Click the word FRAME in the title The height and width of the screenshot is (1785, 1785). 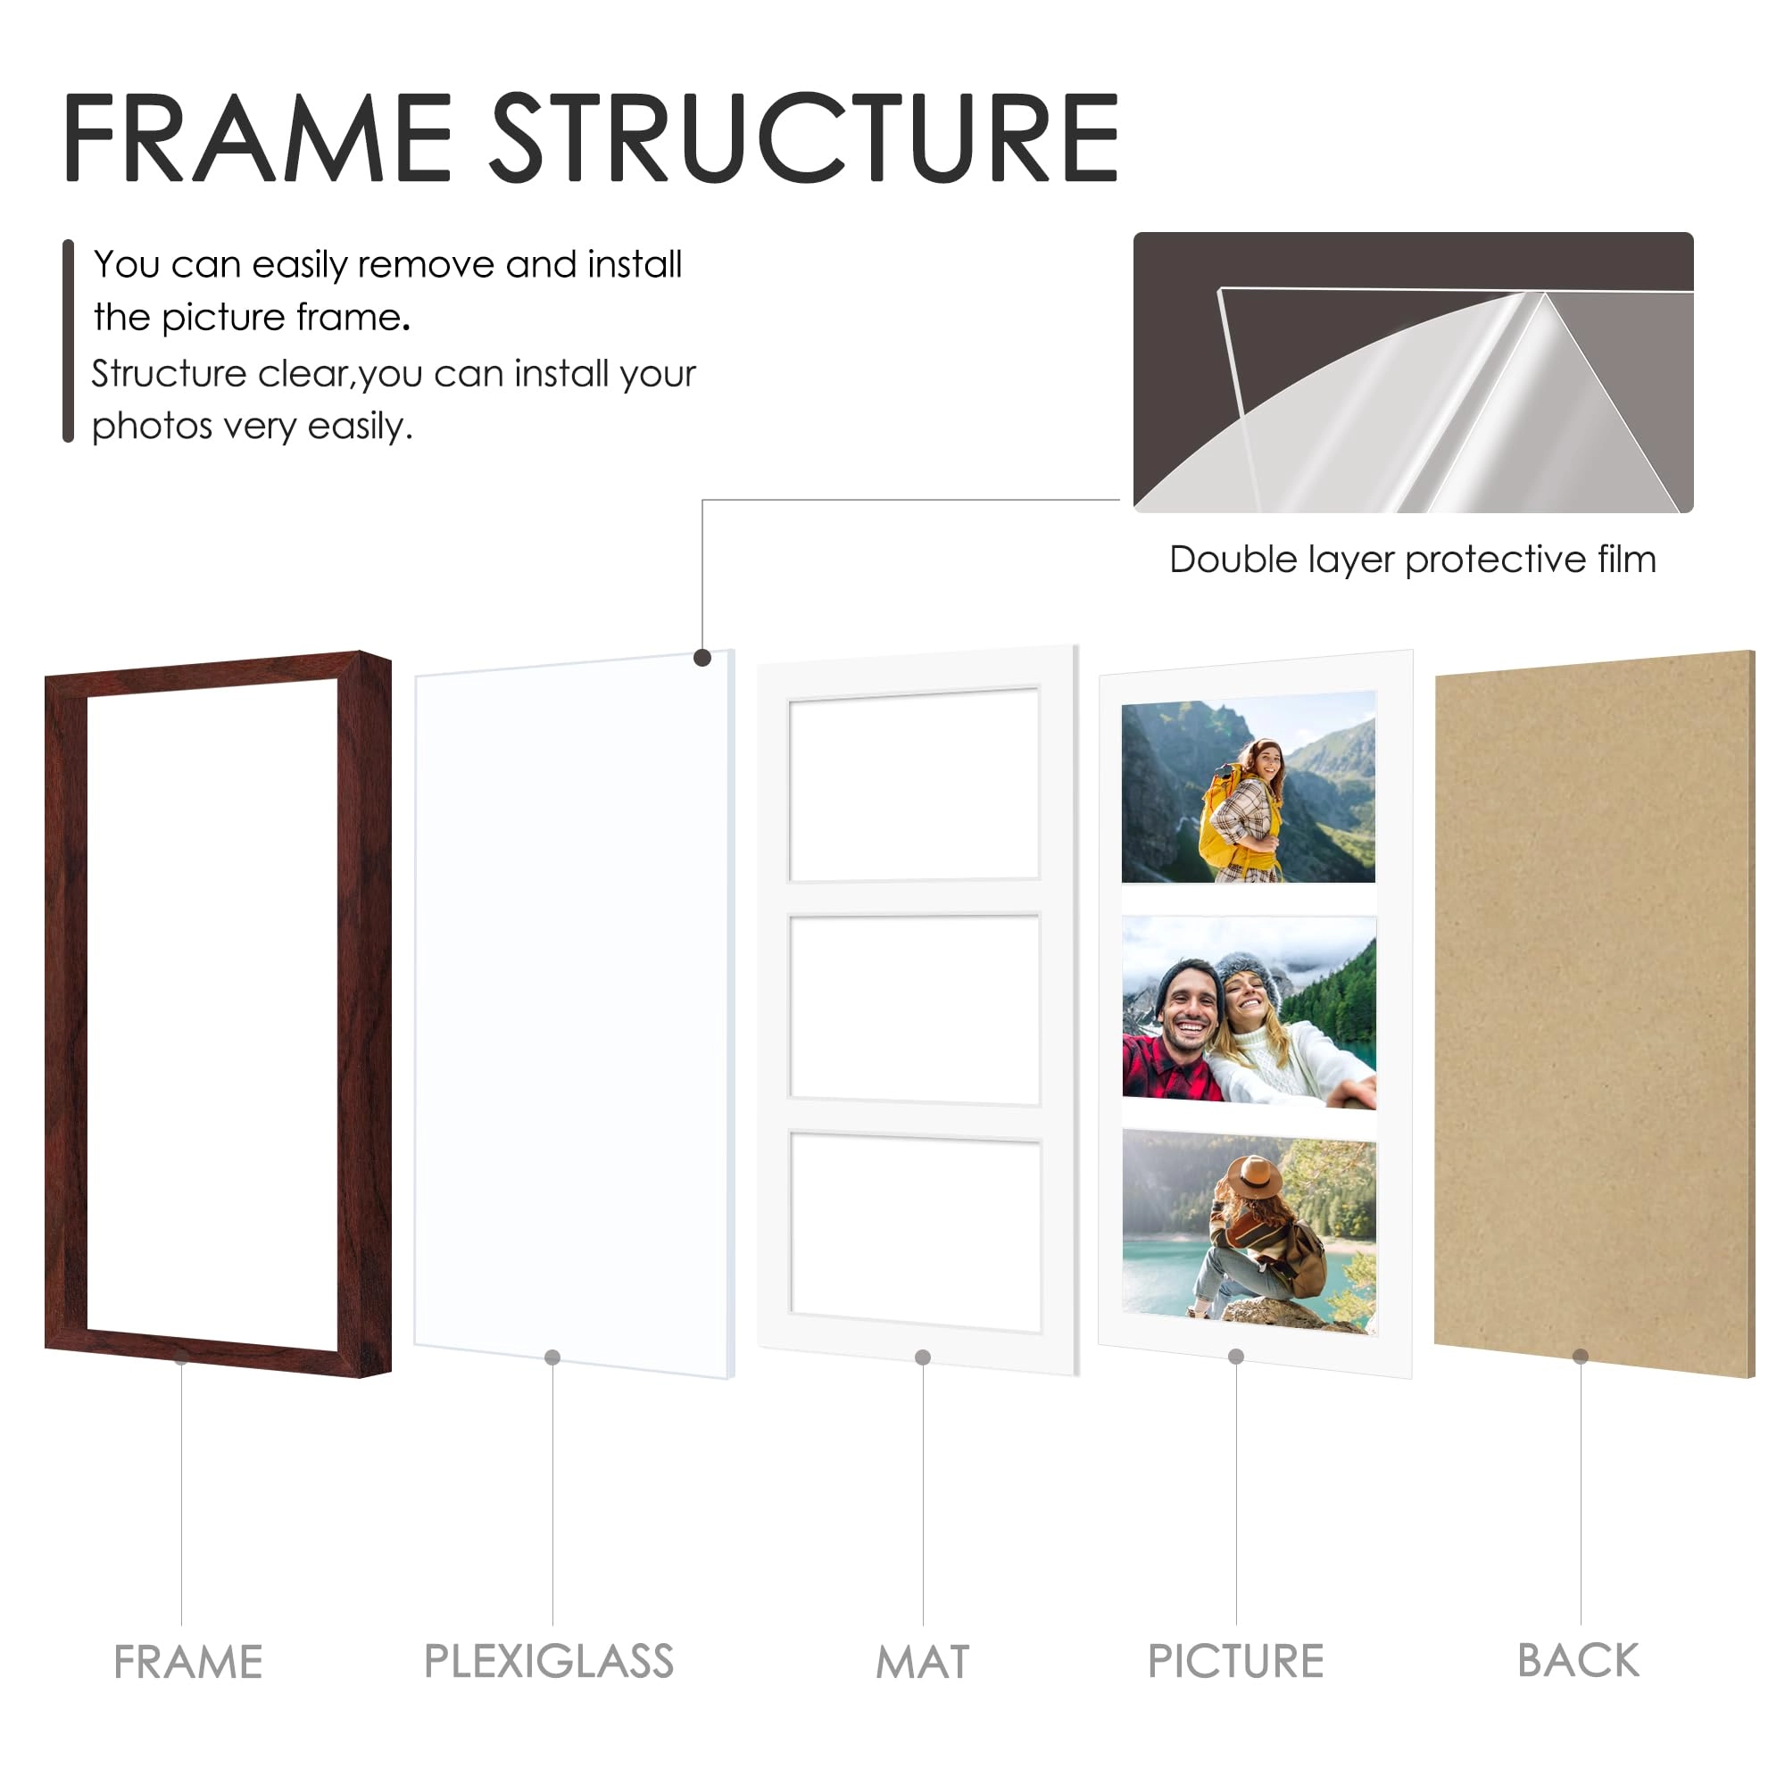coord(256,137)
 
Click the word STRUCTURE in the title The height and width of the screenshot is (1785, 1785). coord(804,137)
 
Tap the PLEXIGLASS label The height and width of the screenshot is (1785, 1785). coord(549,1661)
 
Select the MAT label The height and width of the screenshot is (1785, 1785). coord(922,1662)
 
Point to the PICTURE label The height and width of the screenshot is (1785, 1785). coord(1235,1661)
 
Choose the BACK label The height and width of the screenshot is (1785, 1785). coord(1578,1660)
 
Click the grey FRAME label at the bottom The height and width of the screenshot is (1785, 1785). coord(187,1662)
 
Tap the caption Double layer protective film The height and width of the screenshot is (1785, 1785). coord(1413,560)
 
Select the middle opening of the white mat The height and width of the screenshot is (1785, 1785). coord(915,1008)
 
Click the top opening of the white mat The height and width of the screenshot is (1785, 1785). coord(914,785)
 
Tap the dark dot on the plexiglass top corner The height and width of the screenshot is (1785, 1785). coord(702,658)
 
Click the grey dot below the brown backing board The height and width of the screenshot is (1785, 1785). coord(1581,1357)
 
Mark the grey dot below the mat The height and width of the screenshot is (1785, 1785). coord(922,1357)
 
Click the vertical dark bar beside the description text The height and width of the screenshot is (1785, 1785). coord(68,341)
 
